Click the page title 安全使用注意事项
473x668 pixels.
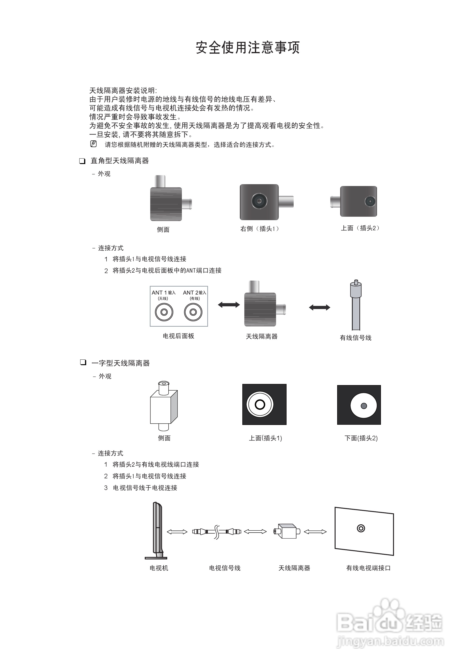point(248,47)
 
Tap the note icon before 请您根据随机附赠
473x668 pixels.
point(93,144)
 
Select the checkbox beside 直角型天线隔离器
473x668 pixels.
point(82,161)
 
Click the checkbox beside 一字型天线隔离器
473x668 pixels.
point(83,362)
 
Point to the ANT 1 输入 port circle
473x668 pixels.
point(164,312)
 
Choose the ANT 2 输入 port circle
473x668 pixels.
point(193,312)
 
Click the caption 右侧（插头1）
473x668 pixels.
point(260,229)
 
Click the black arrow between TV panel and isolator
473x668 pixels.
point(229,305)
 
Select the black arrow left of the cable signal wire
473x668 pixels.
point(320,307)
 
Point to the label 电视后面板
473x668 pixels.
point(178,336)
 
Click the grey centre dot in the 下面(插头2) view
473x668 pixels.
point(364,406)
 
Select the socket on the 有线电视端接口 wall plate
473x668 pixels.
point(361,528)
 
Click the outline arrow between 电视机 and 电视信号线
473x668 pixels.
point(177,532)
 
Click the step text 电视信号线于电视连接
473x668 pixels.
point(145,488)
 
